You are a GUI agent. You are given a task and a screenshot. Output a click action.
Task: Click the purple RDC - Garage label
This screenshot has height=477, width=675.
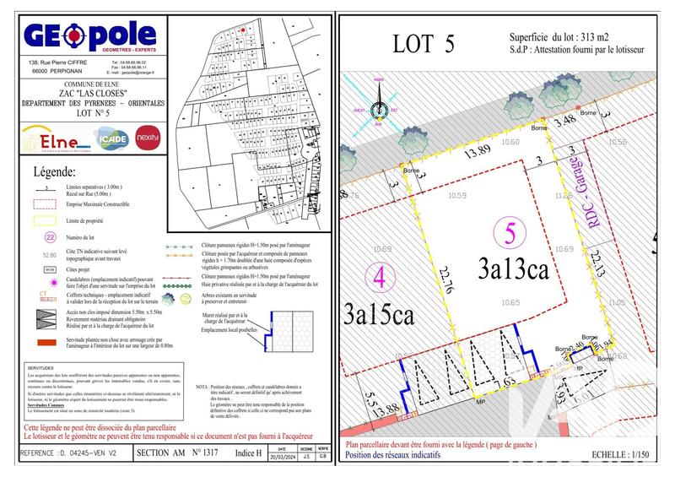tap(580, 191)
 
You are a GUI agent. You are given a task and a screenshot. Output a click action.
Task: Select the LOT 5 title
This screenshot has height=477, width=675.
tap(424, 44)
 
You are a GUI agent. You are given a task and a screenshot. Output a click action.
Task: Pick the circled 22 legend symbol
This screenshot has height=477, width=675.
tap(50, 237)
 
